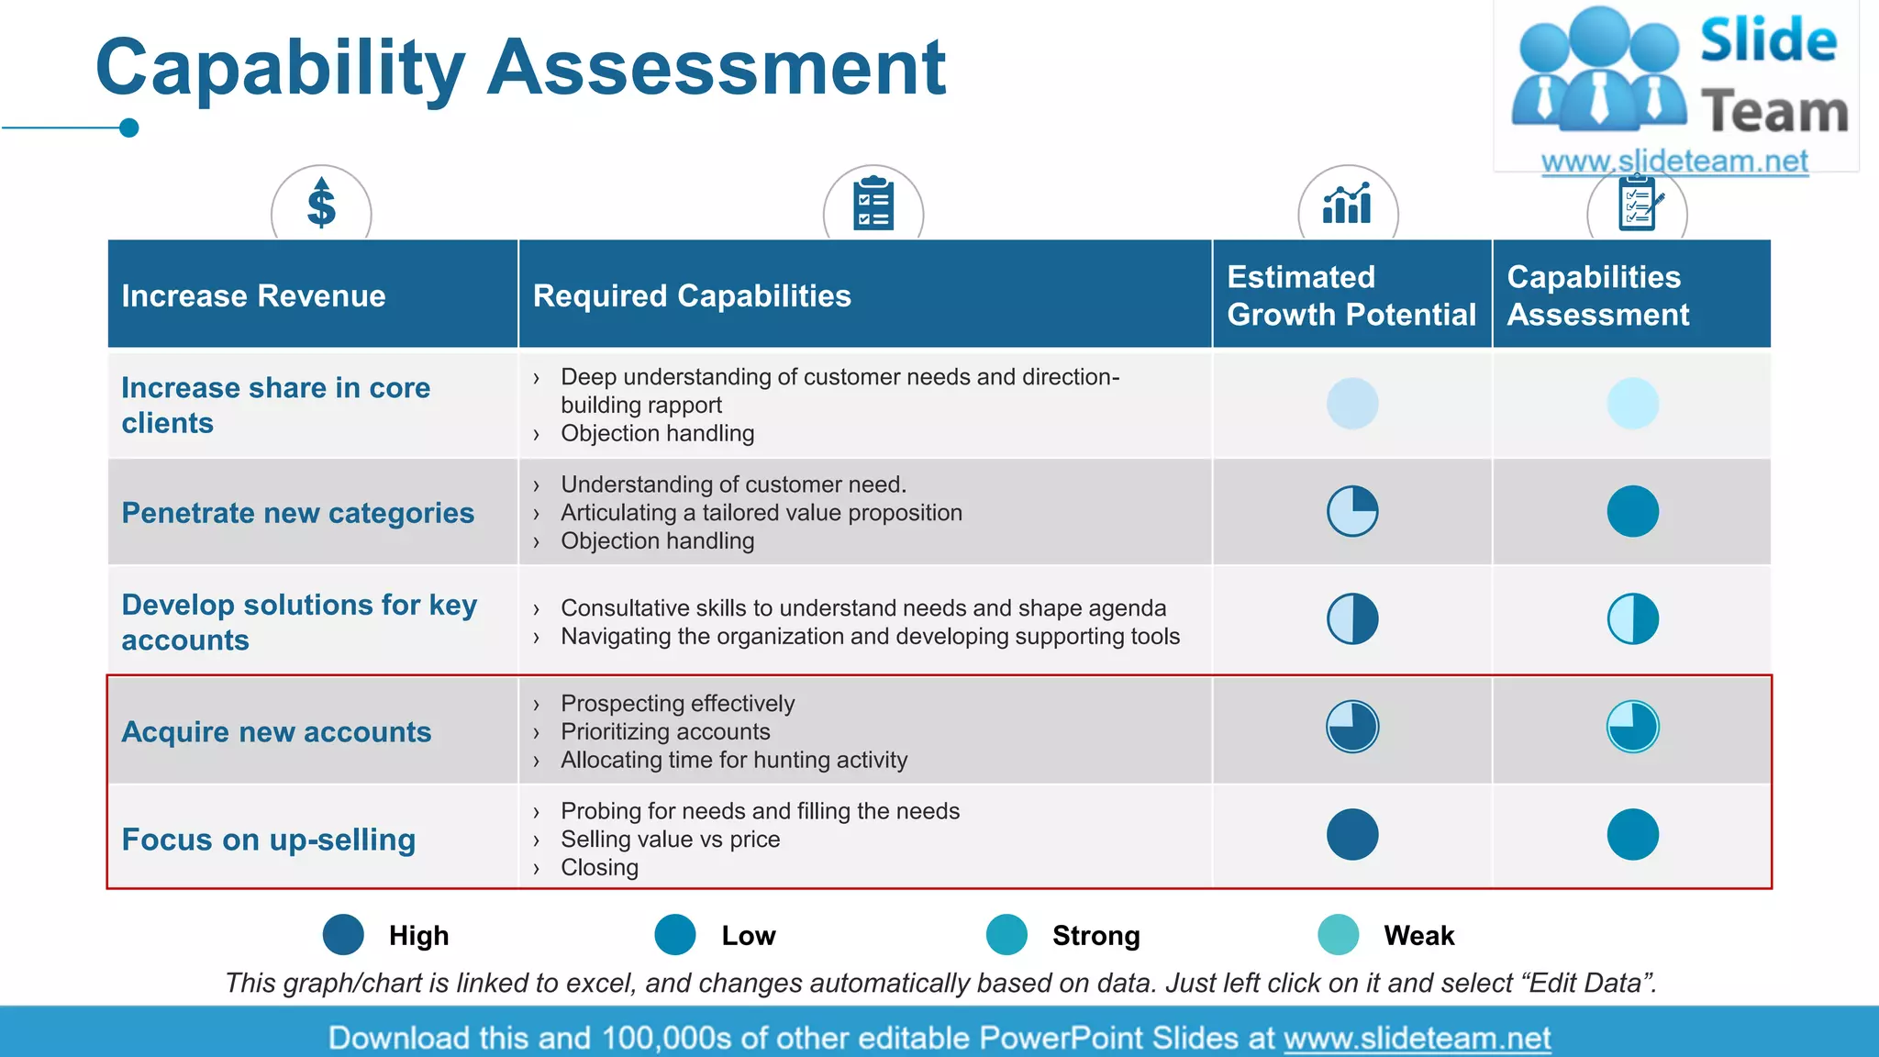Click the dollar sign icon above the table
321,203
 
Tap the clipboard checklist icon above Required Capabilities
873,203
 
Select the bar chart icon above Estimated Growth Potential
1347,203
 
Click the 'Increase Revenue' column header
253,295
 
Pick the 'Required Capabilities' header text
692,295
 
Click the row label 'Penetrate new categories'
298,512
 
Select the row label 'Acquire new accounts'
276,731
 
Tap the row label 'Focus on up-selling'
269,839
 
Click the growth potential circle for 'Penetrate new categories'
1352,511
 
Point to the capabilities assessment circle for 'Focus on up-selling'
1632,834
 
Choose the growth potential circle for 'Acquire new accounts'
1352,727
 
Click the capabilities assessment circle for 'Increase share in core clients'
1632,404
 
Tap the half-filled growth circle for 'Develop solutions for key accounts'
1352,618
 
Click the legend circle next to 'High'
344,935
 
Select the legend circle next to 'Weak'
1339,935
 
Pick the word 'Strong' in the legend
1095,935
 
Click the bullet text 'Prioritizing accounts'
665,731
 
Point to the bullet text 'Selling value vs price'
670,839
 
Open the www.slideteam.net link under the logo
1674,161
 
